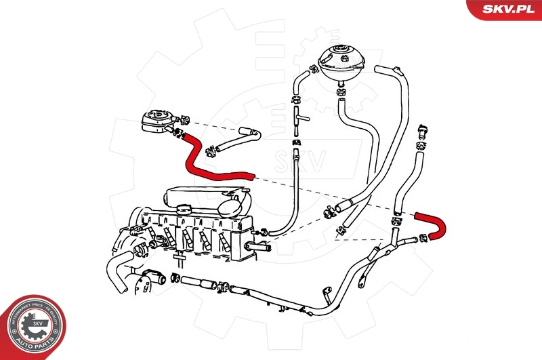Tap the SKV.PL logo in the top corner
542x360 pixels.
[x=504, y=9]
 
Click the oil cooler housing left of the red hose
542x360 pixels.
[x=155, y=123]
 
